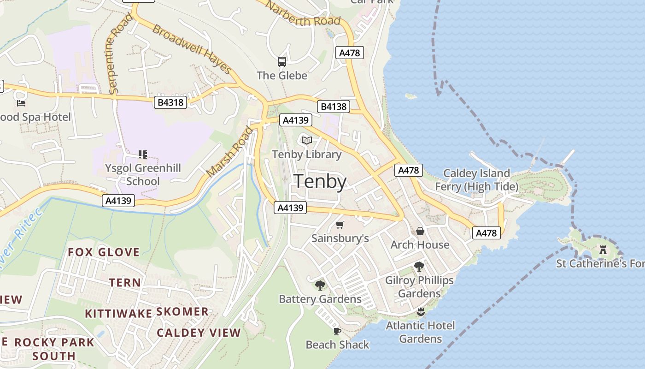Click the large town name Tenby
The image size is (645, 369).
tap(320, 181)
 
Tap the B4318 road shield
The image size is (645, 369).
tap(170, 102)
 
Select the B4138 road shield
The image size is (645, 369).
tap(333, 107)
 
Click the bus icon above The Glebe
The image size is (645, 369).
tap(281, 61)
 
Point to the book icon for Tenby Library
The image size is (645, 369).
tap(306, 140)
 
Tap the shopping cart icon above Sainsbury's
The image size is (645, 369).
tap(340, 225)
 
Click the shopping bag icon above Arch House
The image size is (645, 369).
tap(420, 231)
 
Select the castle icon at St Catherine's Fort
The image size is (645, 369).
tap(603, 250)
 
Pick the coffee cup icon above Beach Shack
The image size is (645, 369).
tap(337, 331)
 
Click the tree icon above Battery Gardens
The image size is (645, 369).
tap(320, 286)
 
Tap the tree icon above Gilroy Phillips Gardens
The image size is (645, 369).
tap(419, 266)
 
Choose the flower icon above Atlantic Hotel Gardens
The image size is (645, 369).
tap(420, 312)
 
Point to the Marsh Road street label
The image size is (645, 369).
tap(230, 152)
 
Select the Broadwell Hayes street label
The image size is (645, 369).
tap(192, 49)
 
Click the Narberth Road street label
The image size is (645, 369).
tap(303, 14)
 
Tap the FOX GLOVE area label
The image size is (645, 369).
tap(104, 252)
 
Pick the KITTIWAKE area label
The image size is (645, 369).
tap(118, 314)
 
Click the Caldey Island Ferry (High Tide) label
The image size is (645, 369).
tap(477, 180)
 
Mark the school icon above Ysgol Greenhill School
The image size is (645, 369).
tap(143, 154)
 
